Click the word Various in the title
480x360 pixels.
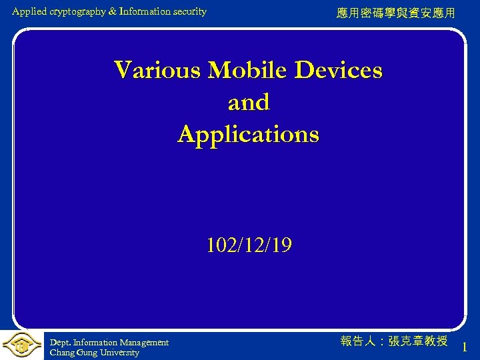157,70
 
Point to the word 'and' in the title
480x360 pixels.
249,102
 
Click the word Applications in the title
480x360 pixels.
249,134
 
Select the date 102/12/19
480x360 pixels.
249,246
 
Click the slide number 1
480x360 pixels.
464,347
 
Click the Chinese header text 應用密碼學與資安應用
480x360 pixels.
396,13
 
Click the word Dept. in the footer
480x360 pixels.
59,343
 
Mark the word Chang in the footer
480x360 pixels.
61,353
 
